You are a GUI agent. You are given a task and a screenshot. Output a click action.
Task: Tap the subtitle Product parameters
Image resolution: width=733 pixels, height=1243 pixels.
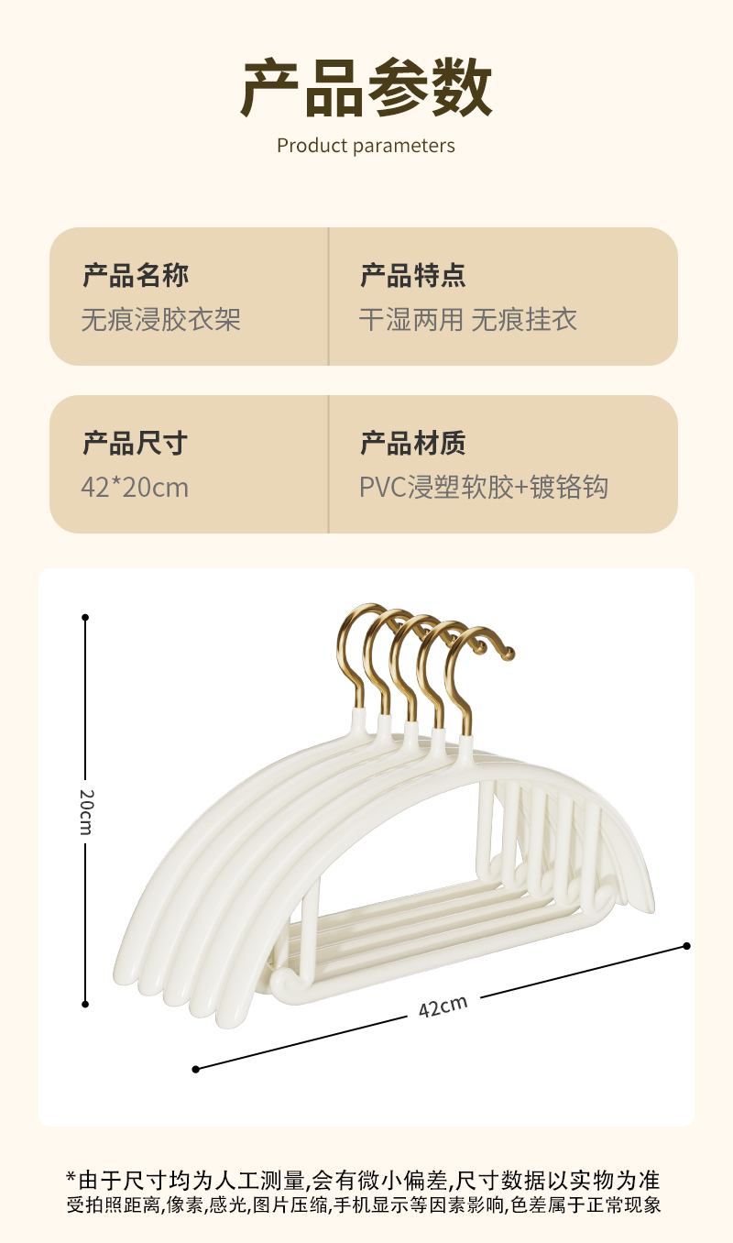coord(366,146)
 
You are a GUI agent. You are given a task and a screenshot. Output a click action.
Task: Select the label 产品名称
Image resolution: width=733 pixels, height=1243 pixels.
coord(136,275)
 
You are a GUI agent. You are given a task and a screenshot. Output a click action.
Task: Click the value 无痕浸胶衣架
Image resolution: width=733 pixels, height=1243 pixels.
coord(161,320)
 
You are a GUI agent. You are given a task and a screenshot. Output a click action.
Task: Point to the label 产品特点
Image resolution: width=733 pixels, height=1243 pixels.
coord(412,275)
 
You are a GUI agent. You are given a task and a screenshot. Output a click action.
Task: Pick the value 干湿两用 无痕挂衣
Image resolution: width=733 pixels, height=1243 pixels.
coord(468,320)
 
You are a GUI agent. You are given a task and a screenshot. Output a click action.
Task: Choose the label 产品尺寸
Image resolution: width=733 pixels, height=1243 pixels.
coord(135,443)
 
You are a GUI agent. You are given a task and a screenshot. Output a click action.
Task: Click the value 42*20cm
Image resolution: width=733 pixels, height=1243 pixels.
coord(135,488)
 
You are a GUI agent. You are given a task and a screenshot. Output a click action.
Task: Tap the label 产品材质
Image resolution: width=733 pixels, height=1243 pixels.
coord(412,443)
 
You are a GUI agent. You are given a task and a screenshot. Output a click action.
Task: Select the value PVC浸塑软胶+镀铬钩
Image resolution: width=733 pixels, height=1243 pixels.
coord(484,488)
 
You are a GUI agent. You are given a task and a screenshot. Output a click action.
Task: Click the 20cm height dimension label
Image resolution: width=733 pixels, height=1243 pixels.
coord(85,810)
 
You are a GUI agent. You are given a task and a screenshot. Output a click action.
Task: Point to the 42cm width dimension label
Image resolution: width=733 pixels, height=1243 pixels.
coord(443,1006)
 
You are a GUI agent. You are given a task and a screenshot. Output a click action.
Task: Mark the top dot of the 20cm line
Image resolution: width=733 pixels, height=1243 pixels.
coord(85,618)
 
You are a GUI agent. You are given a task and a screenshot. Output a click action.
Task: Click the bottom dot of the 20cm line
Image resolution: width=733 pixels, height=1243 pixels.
coord(85,1004)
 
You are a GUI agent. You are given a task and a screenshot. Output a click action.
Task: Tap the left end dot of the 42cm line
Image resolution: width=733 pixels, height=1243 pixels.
coord(195,1069)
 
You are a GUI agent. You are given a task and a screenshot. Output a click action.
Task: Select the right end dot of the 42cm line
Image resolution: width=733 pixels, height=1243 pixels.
coord(686,946)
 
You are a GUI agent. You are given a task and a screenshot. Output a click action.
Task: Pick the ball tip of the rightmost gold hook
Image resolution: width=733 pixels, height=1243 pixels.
coord(509,654)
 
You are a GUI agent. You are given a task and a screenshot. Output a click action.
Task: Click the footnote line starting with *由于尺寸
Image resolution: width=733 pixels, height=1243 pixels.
coord(363,1180)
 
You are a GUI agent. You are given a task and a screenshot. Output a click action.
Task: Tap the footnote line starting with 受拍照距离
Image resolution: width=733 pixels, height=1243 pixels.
coord(363,1205)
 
